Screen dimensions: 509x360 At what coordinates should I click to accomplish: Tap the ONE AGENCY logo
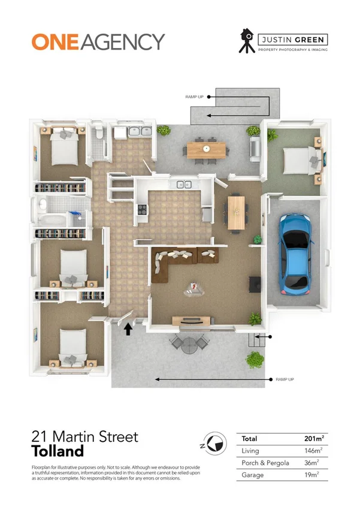(x=98, y=41)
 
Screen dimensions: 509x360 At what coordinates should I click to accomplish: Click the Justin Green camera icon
(x=245, y=40)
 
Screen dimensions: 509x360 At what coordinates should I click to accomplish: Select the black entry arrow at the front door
(x=127, y=329)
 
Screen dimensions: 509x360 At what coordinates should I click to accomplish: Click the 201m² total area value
(x=313, y=439)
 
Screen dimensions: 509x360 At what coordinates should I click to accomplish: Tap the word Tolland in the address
(x=58, y=451)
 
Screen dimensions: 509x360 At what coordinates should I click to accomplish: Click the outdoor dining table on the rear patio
(x=206, y=149)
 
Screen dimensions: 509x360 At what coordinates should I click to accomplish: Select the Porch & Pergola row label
(x=264, y=462)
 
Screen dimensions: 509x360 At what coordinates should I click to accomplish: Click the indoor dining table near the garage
(x=237, y=212)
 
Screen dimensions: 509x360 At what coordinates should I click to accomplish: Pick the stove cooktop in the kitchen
(x=143, y=209)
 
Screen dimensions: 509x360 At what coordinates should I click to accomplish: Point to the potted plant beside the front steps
(x=255, y=360)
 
